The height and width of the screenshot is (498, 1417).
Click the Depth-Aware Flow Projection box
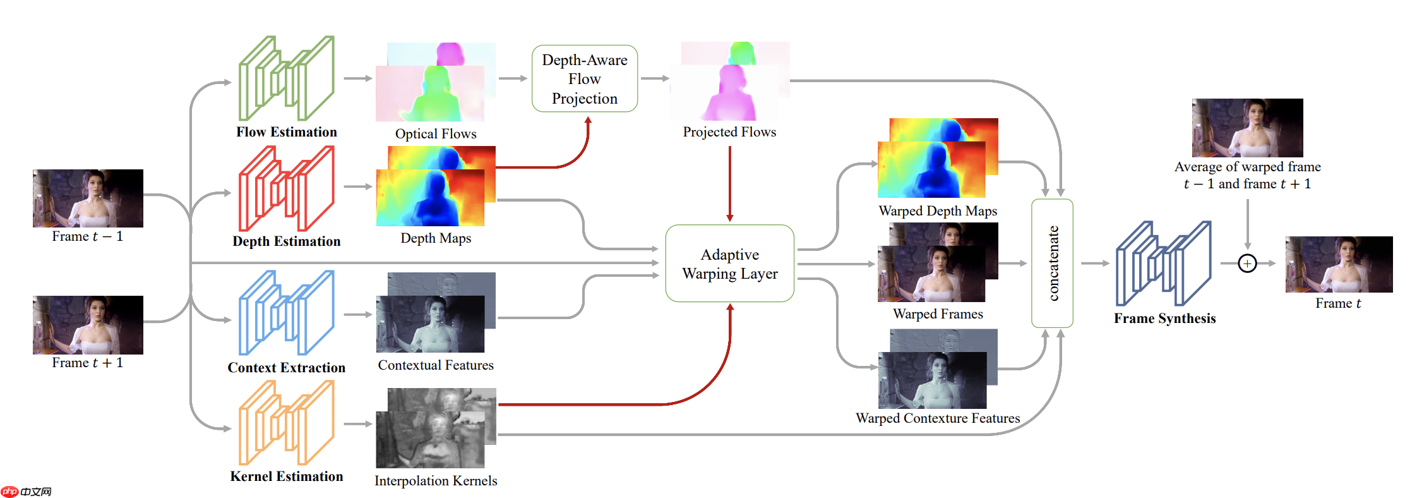[x=584, y=78]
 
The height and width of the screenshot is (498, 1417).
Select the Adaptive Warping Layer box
[x=729, y=264]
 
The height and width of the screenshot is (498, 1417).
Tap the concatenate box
[x=1052, y=263]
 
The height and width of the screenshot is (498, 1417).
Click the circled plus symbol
[x=1247, y=263]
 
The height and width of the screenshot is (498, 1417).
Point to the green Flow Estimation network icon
[x=287, y=78]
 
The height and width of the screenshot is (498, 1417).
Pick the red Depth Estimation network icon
[x=287, y=188]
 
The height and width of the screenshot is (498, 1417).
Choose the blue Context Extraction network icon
[x=287, y=313]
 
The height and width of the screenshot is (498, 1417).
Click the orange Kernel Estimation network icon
[x=287, y=423]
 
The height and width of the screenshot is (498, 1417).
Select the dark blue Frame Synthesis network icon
[x=1164, y=263]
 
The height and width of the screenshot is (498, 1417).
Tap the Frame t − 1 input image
[x=88, y=198]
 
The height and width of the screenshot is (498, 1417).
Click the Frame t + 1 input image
[x=88, y=324]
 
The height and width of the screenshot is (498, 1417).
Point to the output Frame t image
[x=1339, y=264]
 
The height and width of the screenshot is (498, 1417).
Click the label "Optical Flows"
[x=436, y=134]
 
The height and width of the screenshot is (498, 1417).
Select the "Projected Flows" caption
[x=729, y=132]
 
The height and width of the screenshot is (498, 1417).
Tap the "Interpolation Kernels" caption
[x=436, y=481]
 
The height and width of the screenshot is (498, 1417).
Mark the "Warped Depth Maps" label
[x=938, y=211]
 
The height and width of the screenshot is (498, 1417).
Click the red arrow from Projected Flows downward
[x=729, y=183]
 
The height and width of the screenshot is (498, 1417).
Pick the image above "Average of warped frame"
[x=1247, y=128]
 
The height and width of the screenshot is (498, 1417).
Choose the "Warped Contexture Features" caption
[x=938, y=418]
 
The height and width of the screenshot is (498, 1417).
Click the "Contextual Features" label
[x=436, y=365]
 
